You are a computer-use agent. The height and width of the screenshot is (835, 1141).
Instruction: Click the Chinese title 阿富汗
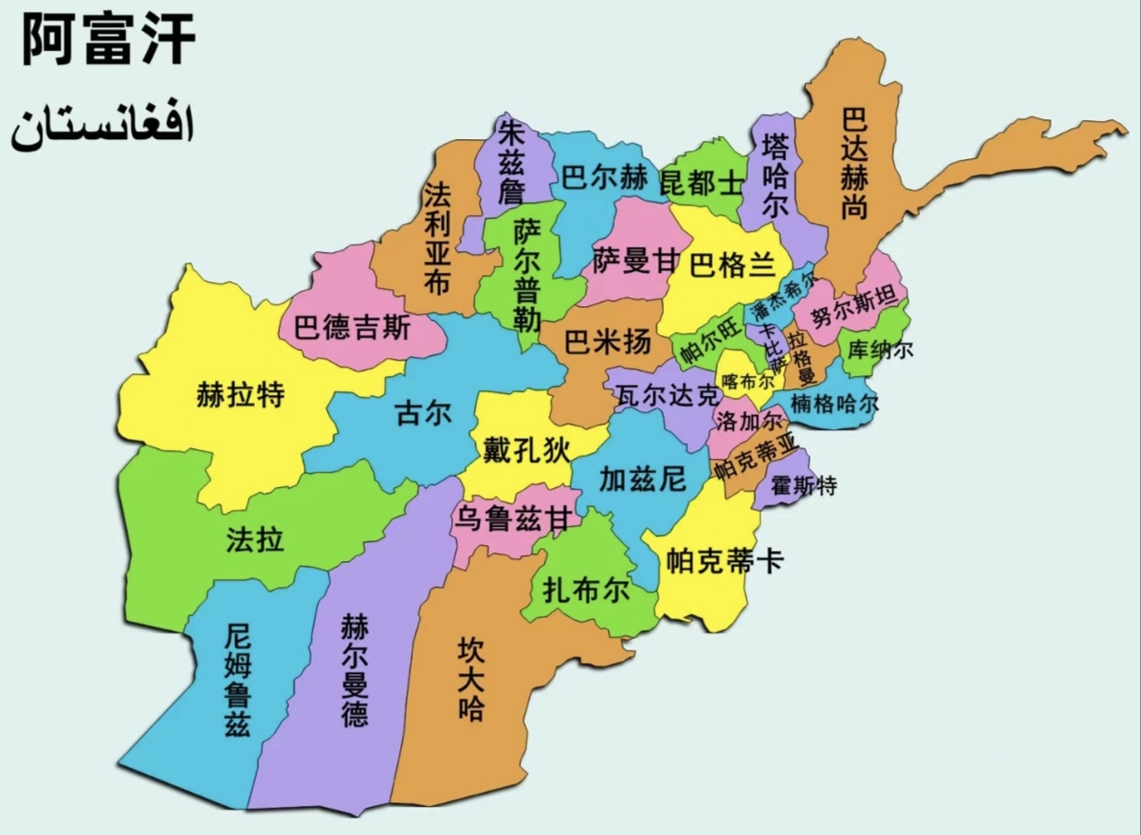coord(108,41)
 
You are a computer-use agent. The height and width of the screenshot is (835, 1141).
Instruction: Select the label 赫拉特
coord(240,395)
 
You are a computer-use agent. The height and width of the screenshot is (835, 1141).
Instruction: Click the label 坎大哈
coord(471,679)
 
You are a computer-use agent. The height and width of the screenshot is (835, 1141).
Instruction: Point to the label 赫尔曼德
coord(354,671)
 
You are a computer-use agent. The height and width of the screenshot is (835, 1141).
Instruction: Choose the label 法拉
coord(255,539)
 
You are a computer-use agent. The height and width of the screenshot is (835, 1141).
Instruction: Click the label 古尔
coord(423,414)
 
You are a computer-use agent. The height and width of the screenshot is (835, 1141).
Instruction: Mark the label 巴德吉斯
coord(352,327)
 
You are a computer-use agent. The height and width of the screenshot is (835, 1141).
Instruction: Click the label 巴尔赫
coord(604,178)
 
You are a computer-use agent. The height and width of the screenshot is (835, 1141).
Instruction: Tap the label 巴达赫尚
coord(853,164)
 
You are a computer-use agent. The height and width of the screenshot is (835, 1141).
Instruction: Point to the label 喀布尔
coord(744,380)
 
